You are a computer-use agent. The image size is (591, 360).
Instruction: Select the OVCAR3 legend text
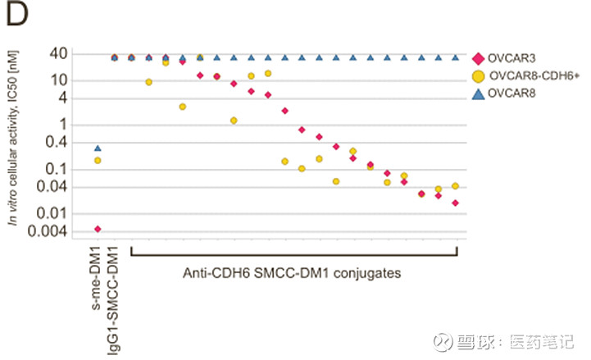513,57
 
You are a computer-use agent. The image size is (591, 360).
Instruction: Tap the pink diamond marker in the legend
478,57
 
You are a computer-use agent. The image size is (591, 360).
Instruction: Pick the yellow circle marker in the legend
478,76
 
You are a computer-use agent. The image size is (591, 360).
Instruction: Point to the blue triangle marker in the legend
478,95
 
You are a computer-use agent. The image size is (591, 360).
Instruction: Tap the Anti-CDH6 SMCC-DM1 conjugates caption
291,273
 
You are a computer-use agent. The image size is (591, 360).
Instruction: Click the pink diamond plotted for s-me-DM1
98,229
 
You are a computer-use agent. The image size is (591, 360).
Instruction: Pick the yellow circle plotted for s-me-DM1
98,161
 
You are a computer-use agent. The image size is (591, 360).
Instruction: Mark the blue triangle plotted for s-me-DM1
98,148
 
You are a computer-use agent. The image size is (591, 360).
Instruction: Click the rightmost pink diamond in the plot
456,203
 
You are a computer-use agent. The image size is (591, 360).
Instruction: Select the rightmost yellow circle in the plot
456,186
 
